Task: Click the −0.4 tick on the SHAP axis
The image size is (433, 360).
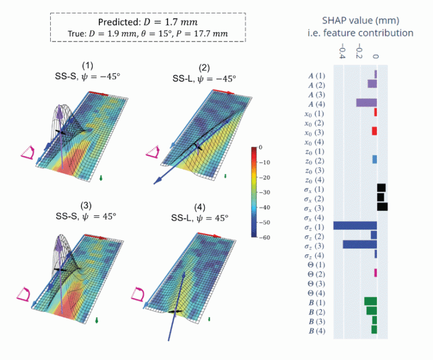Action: click(x=342, y=54)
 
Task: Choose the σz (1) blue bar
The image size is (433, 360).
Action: click(x=355, y=225)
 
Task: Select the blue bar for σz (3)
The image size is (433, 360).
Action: click(x=360, y=244)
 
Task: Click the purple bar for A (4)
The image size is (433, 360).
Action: click(x=367, y=103)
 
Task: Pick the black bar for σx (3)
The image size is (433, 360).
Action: click(x=382, y=206)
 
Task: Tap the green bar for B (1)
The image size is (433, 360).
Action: click(x=371, y=301)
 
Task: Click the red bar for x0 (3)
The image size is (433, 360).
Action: click(x=375, y=131)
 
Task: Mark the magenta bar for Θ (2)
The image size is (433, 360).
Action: click(x=375, y=273)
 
